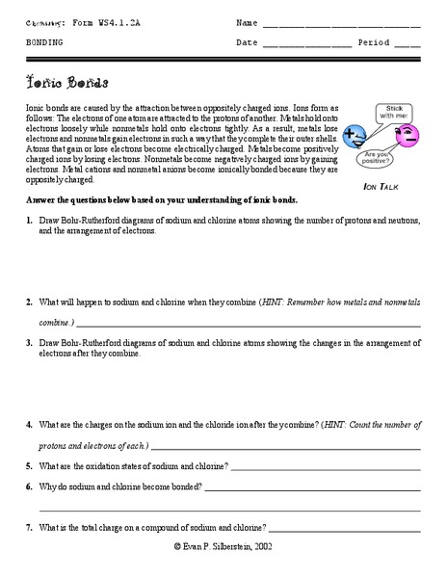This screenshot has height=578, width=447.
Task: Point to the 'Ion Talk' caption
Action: point(380,184)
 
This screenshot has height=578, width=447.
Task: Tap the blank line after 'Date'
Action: point(306,44)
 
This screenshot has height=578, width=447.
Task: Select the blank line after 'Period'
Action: point(407,44)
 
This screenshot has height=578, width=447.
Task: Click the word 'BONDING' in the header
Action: point(44,43)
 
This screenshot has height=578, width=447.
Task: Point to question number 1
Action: point(30,221)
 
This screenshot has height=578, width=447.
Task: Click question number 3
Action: point(30,343)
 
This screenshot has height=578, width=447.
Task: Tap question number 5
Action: point(30,465)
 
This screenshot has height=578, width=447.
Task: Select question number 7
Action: point(30,527)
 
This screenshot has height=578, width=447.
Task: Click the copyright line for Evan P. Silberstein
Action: point(223,545)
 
